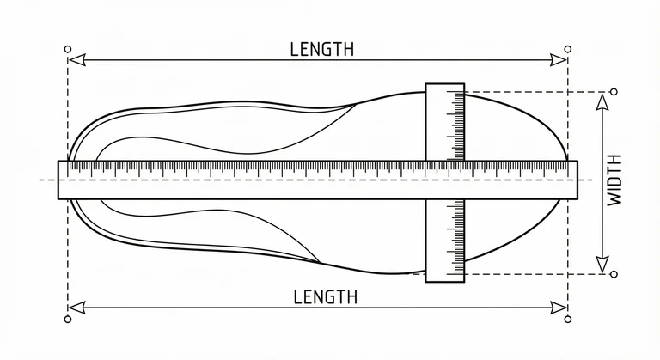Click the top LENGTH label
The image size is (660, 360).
pyautogui.click(x=322, y=49)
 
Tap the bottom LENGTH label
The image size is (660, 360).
pyautogui.click(x=325, y=296)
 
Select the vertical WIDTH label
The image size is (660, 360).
pyautogui.click(x=615, y=180)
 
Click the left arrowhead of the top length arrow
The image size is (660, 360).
pyautogui.click(x=77, y=60)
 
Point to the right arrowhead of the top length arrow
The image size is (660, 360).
pyautogui.click(x=558, y=60)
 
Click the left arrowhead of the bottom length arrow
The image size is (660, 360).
pyautogui.click(x=77, y=308)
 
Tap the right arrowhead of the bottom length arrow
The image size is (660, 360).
pyautogui.click(x=558, y=308)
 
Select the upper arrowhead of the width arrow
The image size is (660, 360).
pyautogui.click(x=602, y=103)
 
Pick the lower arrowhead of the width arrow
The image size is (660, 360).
pyautogui.click(x=602, y=264)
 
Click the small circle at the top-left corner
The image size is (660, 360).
pyautogui.click(x=68, y=49)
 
